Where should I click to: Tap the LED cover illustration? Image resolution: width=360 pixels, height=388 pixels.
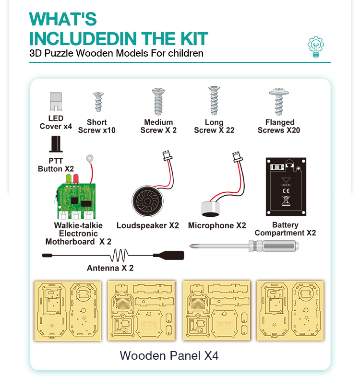point(57,101)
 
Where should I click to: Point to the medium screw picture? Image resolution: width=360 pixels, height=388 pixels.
point(158,101)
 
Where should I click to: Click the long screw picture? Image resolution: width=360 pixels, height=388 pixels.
point(214,101)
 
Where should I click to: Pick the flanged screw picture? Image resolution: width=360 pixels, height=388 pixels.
point(278,101)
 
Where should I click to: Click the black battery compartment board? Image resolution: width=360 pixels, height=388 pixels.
point(286,187)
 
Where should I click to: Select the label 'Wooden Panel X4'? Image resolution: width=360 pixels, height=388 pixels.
point(169,356)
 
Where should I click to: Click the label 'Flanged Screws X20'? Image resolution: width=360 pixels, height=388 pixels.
point(279,126)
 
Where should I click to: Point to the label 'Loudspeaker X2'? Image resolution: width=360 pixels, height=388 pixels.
point(147,225)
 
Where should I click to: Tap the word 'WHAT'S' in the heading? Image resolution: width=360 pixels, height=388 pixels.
point(63,19)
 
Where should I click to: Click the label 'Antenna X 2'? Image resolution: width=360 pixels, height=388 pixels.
point(110,268)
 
